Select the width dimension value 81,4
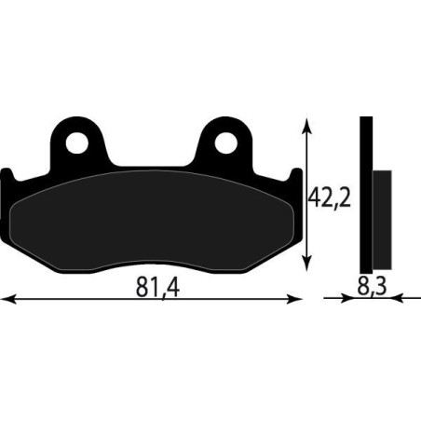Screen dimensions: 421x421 point(152,288)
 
